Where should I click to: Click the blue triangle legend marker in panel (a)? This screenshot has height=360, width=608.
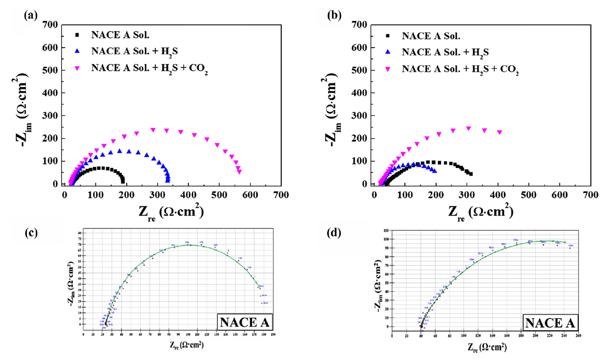pos(78,51)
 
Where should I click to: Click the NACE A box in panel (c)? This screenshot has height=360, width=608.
pos(245,324)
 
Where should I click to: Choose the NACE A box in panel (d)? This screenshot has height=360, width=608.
pos(549,324)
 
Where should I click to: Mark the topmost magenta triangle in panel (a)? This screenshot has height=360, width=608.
pos(153,130)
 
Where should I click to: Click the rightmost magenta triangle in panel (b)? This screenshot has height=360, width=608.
pos(500,132)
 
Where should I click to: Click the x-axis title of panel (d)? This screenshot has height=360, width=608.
pos(486,347)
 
